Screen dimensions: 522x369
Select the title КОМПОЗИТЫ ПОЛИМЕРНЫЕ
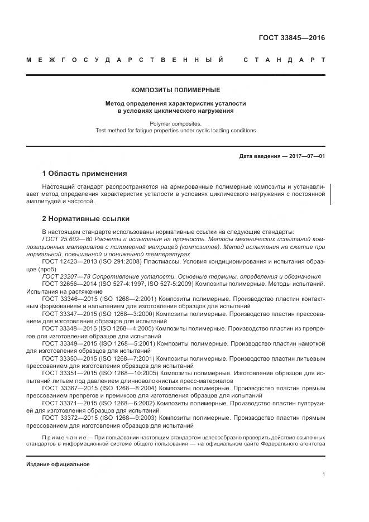click(175, 89)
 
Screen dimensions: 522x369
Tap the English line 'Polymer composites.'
click(175, 123)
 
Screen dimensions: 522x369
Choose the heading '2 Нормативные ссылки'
click(86, 219)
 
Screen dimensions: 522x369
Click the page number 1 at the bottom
click(323, 475)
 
